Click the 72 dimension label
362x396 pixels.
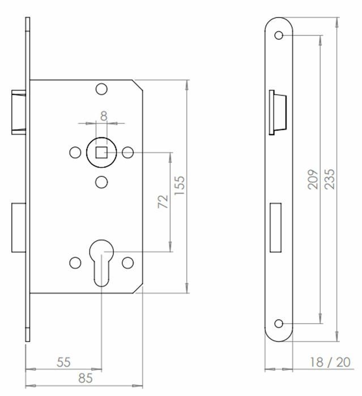pyautogui.click(x=163, y=201)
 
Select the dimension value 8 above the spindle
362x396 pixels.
pyautogui.click(x=104, y=115)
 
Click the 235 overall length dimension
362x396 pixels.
pyautogui.click(x=330, y=179)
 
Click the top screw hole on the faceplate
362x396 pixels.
pyautogui.click(x=279, y=36)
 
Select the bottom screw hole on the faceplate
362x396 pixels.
pyautogui.click(x=279, y=324)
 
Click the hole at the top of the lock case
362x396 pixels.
pyautogui.click(x=101, y=89)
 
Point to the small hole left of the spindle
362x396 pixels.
pyautogui.click(x=74, y=152)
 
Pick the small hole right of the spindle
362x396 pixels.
pyautogui.click(x=128, y=152)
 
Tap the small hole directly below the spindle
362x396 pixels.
pyautogui.click(x=101, y=181)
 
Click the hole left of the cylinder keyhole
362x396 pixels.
pyautogui.click(x=74, y=262)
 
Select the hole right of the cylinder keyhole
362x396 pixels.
pyautogui.click(x=128, y=262)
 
